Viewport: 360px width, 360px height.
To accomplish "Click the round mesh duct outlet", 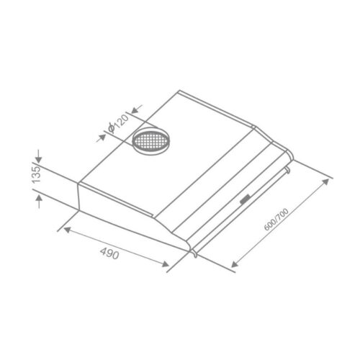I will coord(152,141).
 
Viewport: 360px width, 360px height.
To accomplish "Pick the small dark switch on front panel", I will coord(246,198).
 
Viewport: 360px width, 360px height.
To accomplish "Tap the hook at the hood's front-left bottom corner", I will coord(193,251).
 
